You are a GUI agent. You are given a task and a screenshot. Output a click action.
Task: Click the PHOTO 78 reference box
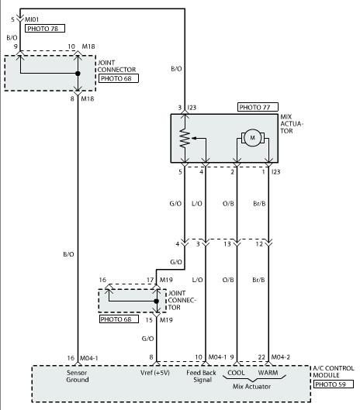(x=45, y=29)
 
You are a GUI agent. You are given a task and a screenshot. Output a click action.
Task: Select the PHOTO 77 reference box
(x=258, y=107)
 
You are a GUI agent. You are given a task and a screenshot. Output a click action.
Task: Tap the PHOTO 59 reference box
(x=334, y=384)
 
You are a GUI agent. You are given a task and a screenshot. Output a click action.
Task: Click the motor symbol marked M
(x=252, y=137)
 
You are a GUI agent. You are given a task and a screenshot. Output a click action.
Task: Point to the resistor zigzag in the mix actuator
(x=185, y=139)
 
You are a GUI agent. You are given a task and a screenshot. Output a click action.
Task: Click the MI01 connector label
(x=32, y=19)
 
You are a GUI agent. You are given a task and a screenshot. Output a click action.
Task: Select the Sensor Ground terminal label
(x=78, y=376)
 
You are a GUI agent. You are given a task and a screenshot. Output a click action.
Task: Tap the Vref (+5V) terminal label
(x=155, y=373)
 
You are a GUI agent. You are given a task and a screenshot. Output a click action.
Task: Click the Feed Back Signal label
(x=201, y=376)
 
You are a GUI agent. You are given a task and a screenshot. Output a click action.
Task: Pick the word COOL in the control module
(x=236, y=373)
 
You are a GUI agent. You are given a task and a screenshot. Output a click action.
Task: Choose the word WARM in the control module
(x=268, y=373)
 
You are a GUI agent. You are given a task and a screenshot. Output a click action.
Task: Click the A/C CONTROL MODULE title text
(x=334, y=371)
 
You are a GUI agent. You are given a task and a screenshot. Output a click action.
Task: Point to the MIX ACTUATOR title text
(x=292, y=124)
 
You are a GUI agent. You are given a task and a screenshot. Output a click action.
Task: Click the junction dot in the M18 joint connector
(x=78, y=74)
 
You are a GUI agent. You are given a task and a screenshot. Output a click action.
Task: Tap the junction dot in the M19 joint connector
(x=156, y=301)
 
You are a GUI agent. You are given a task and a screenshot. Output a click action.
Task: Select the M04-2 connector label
(x=280, y=357)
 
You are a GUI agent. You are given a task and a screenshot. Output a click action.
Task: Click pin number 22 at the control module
(x=261, y=357)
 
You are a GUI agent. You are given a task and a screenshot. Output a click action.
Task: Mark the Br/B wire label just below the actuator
(x=259, y=203)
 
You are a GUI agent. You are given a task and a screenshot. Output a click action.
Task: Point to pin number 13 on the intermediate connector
(x=227, y=244)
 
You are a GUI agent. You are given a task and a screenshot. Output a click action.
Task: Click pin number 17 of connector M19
(x=150, y=280)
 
